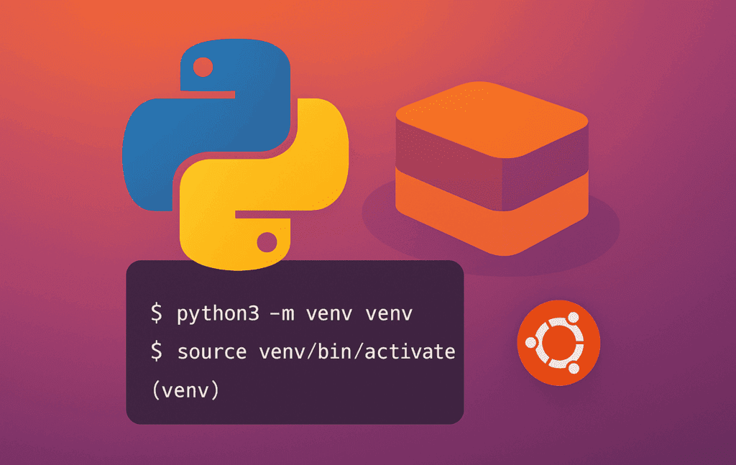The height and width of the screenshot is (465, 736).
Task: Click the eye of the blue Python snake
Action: [x=203, y=67]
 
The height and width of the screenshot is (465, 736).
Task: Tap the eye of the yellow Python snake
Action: [x=267, y=242]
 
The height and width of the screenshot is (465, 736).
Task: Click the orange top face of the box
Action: [x=492, y=119]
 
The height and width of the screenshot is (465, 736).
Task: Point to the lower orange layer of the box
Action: [x=492, y=216]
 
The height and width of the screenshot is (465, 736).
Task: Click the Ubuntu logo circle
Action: [x=558, y=343]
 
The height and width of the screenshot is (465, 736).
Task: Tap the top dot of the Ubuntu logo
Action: [x=573, y=318]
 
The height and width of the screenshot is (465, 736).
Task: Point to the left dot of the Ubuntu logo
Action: [x=530, y=343]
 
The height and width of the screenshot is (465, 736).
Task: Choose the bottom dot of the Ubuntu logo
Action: [x=574, y=369]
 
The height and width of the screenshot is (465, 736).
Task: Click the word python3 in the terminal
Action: [x=218, y=313]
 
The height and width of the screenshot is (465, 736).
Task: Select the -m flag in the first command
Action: [x=282, y=314]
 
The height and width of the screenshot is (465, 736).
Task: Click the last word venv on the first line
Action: [x=389, y=314]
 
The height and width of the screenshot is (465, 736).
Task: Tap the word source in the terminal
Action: [x=212, y=352]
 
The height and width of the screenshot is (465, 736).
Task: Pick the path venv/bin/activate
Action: [x=357, y=351]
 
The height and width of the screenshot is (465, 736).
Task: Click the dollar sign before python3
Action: [x=156, y=313]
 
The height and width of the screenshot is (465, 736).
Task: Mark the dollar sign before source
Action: [x=156, y=351]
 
